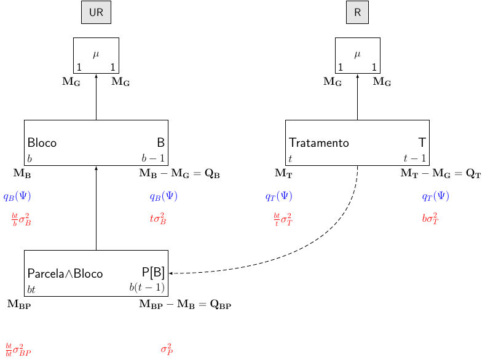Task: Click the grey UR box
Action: (x=96, y=13)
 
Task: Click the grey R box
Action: (x=357, y=13)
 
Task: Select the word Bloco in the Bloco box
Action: (x=42, y=143)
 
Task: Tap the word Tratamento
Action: (x=319, y=143)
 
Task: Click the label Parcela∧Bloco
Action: (x=65, y=273)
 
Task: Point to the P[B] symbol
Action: (x=153, y=273)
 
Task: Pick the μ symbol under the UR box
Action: (x=96, y=54)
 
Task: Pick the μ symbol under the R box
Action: (x=357, y=54)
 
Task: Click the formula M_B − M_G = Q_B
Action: (x=179, y=174)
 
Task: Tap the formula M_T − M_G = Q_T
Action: (x=440, y=174)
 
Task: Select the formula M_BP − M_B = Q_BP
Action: (x=185, y=304)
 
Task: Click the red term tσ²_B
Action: (x=157, y=219)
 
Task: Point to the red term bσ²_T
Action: (x=430, y=219)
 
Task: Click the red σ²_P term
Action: (x=167, y=350)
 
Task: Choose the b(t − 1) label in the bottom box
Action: (x=147, y=288)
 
